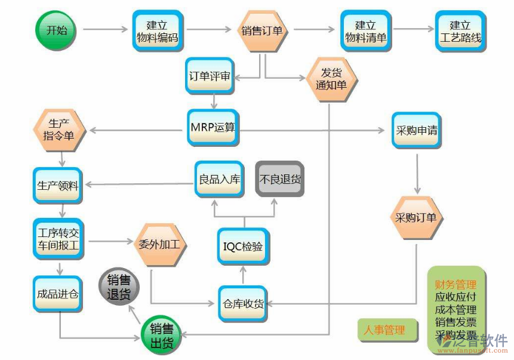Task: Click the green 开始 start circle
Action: click(57, 30)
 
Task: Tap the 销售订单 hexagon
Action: click(262, 30)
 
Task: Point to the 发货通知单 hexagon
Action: click(331, 78)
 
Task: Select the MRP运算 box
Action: click(213, 127)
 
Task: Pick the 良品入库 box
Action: click(219, 179)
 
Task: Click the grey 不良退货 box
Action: click(280, 179)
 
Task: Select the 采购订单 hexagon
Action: click(415, 218)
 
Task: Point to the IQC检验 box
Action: click(243, 247)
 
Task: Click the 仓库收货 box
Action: click(242, 303)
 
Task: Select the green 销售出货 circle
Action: click(161, 336)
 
